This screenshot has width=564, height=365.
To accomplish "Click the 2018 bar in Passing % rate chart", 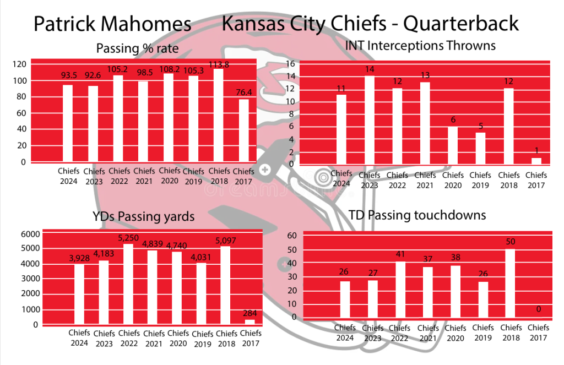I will coord(219,115).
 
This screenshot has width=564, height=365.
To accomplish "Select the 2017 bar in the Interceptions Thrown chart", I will coord(536,161).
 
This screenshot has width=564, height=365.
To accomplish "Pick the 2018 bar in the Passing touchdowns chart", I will coord(511,284).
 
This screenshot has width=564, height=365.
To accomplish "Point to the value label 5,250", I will coord(129,238).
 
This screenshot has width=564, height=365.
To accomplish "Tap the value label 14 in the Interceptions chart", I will coord(369,70).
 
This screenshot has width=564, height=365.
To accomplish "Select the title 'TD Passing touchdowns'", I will coord(417,215).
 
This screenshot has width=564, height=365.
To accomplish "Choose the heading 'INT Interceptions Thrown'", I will coord(420,45).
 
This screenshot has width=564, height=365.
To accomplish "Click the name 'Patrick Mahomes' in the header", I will coord(112,24).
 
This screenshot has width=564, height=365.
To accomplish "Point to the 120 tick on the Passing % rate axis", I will coord(19,64).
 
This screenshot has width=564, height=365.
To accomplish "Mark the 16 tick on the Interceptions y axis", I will coord(291,64).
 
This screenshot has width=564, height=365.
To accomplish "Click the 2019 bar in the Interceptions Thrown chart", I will coord(480,148).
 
